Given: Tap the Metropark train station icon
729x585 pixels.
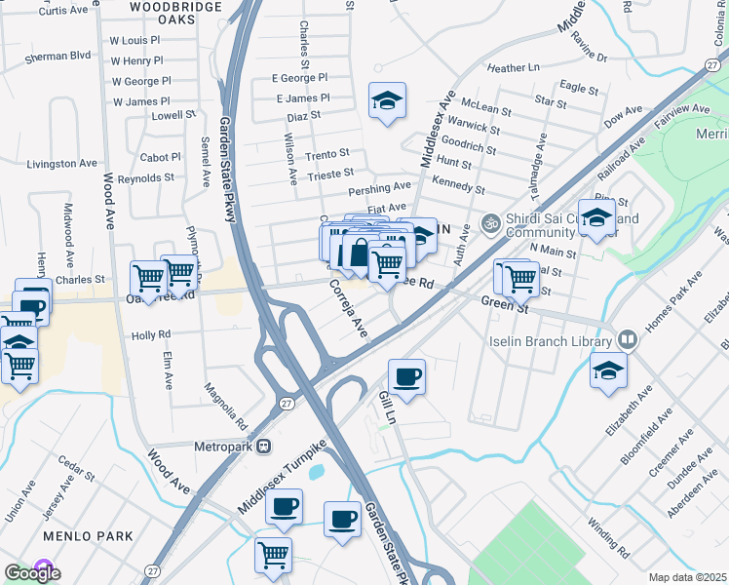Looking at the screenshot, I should [x=263, y=447].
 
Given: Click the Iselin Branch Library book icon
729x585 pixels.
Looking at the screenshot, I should [x=629, y=340].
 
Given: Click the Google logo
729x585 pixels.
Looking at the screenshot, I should [x=32, y=573].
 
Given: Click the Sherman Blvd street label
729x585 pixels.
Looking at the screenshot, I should [x=58, y=57].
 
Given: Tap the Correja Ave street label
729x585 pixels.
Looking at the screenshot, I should [x=347, y=309].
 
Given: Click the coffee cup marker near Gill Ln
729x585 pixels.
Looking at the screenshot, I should [x=406, y=375].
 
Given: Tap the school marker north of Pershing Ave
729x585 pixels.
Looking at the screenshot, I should [x=387, y=99].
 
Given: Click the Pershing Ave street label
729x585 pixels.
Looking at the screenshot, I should [x=388, y=186].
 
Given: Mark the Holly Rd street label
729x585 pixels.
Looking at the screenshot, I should [x=151, y=335].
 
